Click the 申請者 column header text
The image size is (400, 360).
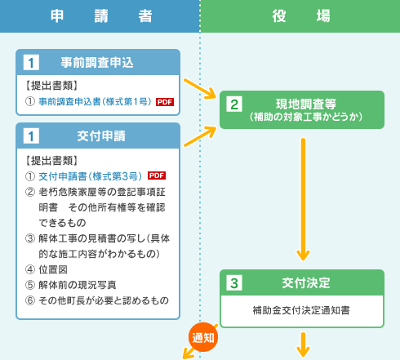(x=101, y=16)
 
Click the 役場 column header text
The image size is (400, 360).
(x=301, y=16)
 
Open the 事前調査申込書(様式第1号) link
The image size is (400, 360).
(x=95, y=101)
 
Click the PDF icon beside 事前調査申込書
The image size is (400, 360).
(x=165, y=102)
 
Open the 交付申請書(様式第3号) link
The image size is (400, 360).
(x=91, y=176)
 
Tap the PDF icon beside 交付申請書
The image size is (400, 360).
(x=157, y=176)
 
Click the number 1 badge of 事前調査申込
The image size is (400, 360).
(x=31, y=62)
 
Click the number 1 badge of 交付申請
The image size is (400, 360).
(x=31, y=136)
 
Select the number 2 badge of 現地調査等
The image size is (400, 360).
(x=234, y=104)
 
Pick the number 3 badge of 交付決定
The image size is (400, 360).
(x=234, y=283)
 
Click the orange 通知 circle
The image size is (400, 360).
(x=203, y=337)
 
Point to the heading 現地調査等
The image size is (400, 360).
(x=306, y=104)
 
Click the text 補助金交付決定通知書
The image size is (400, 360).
(x=301, y=310)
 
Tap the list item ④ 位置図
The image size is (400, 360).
(x=47, y=269)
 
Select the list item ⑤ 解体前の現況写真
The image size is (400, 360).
(x=71, y=285)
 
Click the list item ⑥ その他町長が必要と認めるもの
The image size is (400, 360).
(x=97, y=300)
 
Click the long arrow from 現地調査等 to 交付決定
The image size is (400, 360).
(x=303, y=199)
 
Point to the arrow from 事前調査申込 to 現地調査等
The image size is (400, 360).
(x=200, y=89)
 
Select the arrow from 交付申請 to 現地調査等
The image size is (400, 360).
(x=200, y=136)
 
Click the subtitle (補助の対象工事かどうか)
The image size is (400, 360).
(x=306, y=117)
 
